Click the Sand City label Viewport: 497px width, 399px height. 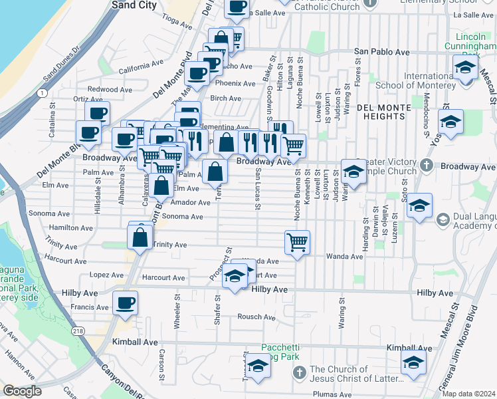[135, 5]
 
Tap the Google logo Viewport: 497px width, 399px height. [22, 391]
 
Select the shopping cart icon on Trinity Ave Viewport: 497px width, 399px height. [296, 241]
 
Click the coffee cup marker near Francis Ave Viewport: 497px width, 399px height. [125, 303]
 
